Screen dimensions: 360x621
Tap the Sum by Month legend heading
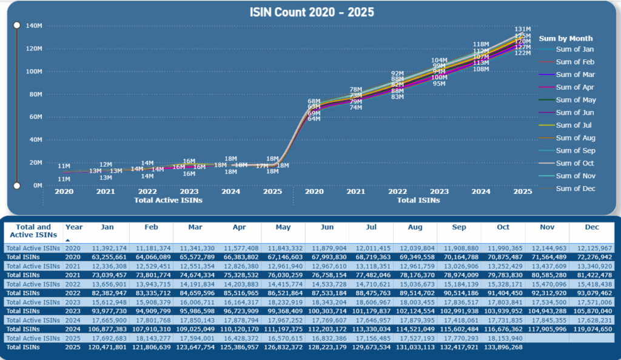tap(566, 38)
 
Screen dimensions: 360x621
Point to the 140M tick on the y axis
tap(33, 25)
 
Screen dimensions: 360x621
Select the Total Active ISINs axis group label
tap(168, 200)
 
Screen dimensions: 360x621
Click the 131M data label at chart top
tap(523, 29)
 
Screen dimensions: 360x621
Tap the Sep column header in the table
tap(459, 227)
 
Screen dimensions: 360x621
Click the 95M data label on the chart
tap(439, 84)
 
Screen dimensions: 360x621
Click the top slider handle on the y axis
tap(17, 25)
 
